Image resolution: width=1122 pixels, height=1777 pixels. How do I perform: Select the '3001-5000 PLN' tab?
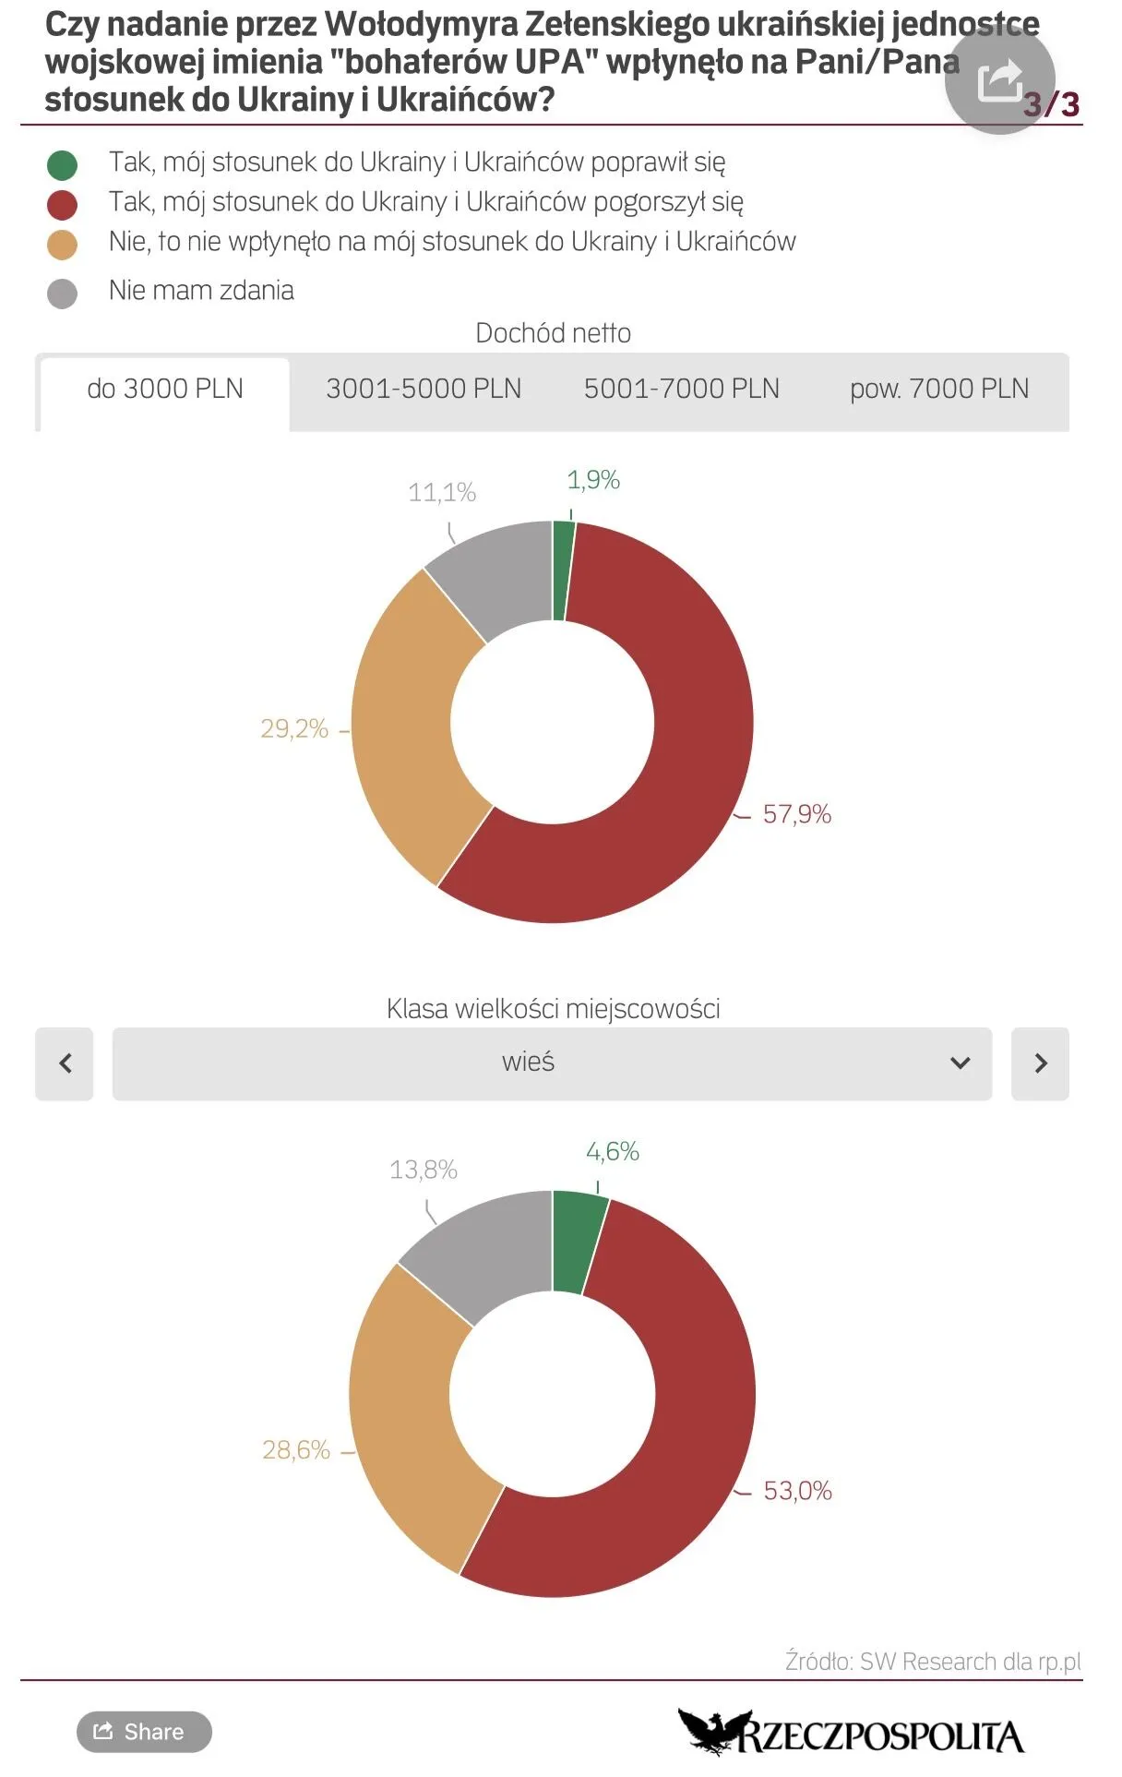click(424, 390)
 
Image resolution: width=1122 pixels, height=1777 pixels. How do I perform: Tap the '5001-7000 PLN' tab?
click(682, 390)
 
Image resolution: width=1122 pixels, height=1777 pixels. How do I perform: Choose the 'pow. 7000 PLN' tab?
click(939, 390)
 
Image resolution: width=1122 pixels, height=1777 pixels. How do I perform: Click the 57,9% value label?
click(797, 814)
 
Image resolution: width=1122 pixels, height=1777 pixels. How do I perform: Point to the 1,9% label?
click(593, 480)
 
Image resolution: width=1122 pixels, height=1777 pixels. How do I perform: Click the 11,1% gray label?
click(442, 493)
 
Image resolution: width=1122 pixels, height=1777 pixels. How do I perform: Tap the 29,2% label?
click(294, 729)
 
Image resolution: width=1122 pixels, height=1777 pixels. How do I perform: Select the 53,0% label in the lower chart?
click(798, 1491)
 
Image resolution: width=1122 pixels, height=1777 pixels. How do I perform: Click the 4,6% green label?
click(613, 1151)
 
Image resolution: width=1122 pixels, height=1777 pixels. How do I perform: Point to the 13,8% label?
click(424, 1170)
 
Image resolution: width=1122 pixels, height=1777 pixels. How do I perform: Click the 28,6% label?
click(296, 1450)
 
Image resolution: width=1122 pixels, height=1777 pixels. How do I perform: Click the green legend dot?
click(62, 165)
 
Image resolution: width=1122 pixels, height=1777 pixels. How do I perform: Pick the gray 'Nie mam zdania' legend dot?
click(62, 294)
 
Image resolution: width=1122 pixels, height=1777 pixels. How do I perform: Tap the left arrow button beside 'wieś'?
click(65, 1063)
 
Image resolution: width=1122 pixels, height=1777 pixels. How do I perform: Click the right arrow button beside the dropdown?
click(1040, 1063)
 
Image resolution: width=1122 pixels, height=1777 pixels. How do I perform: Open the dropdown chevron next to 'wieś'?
click(961, 1063)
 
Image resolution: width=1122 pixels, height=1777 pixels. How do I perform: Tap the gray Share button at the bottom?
click(144, 1732)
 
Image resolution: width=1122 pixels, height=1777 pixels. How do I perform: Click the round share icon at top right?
click(1000, 79)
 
